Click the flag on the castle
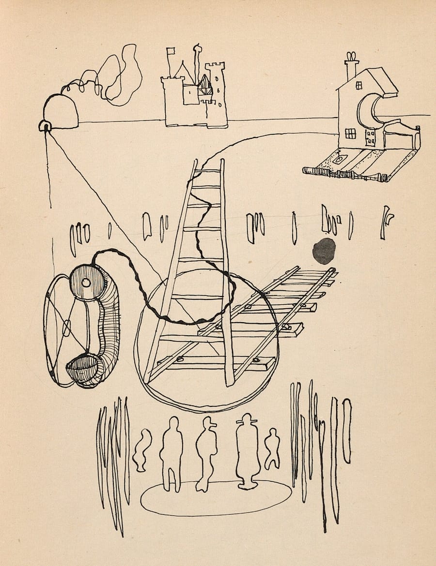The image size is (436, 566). pos(170,51)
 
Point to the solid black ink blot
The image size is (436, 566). pos(324,251)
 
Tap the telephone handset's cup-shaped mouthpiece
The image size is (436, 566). pos(81,370)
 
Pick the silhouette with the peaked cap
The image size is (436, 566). pos(207,452)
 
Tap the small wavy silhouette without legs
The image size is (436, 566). pos(141,450)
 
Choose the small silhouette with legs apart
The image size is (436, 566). pos(272,448)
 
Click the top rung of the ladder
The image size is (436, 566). pos(209,171)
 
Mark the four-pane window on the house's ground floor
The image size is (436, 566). pos(350,134)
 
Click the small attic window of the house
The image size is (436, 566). pos(359,85)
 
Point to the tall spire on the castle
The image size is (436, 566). pos(197,63)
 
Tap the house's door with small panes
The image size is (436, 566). pos(371,137)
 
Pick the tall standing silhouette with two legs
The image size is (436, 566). pos(171,452)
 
